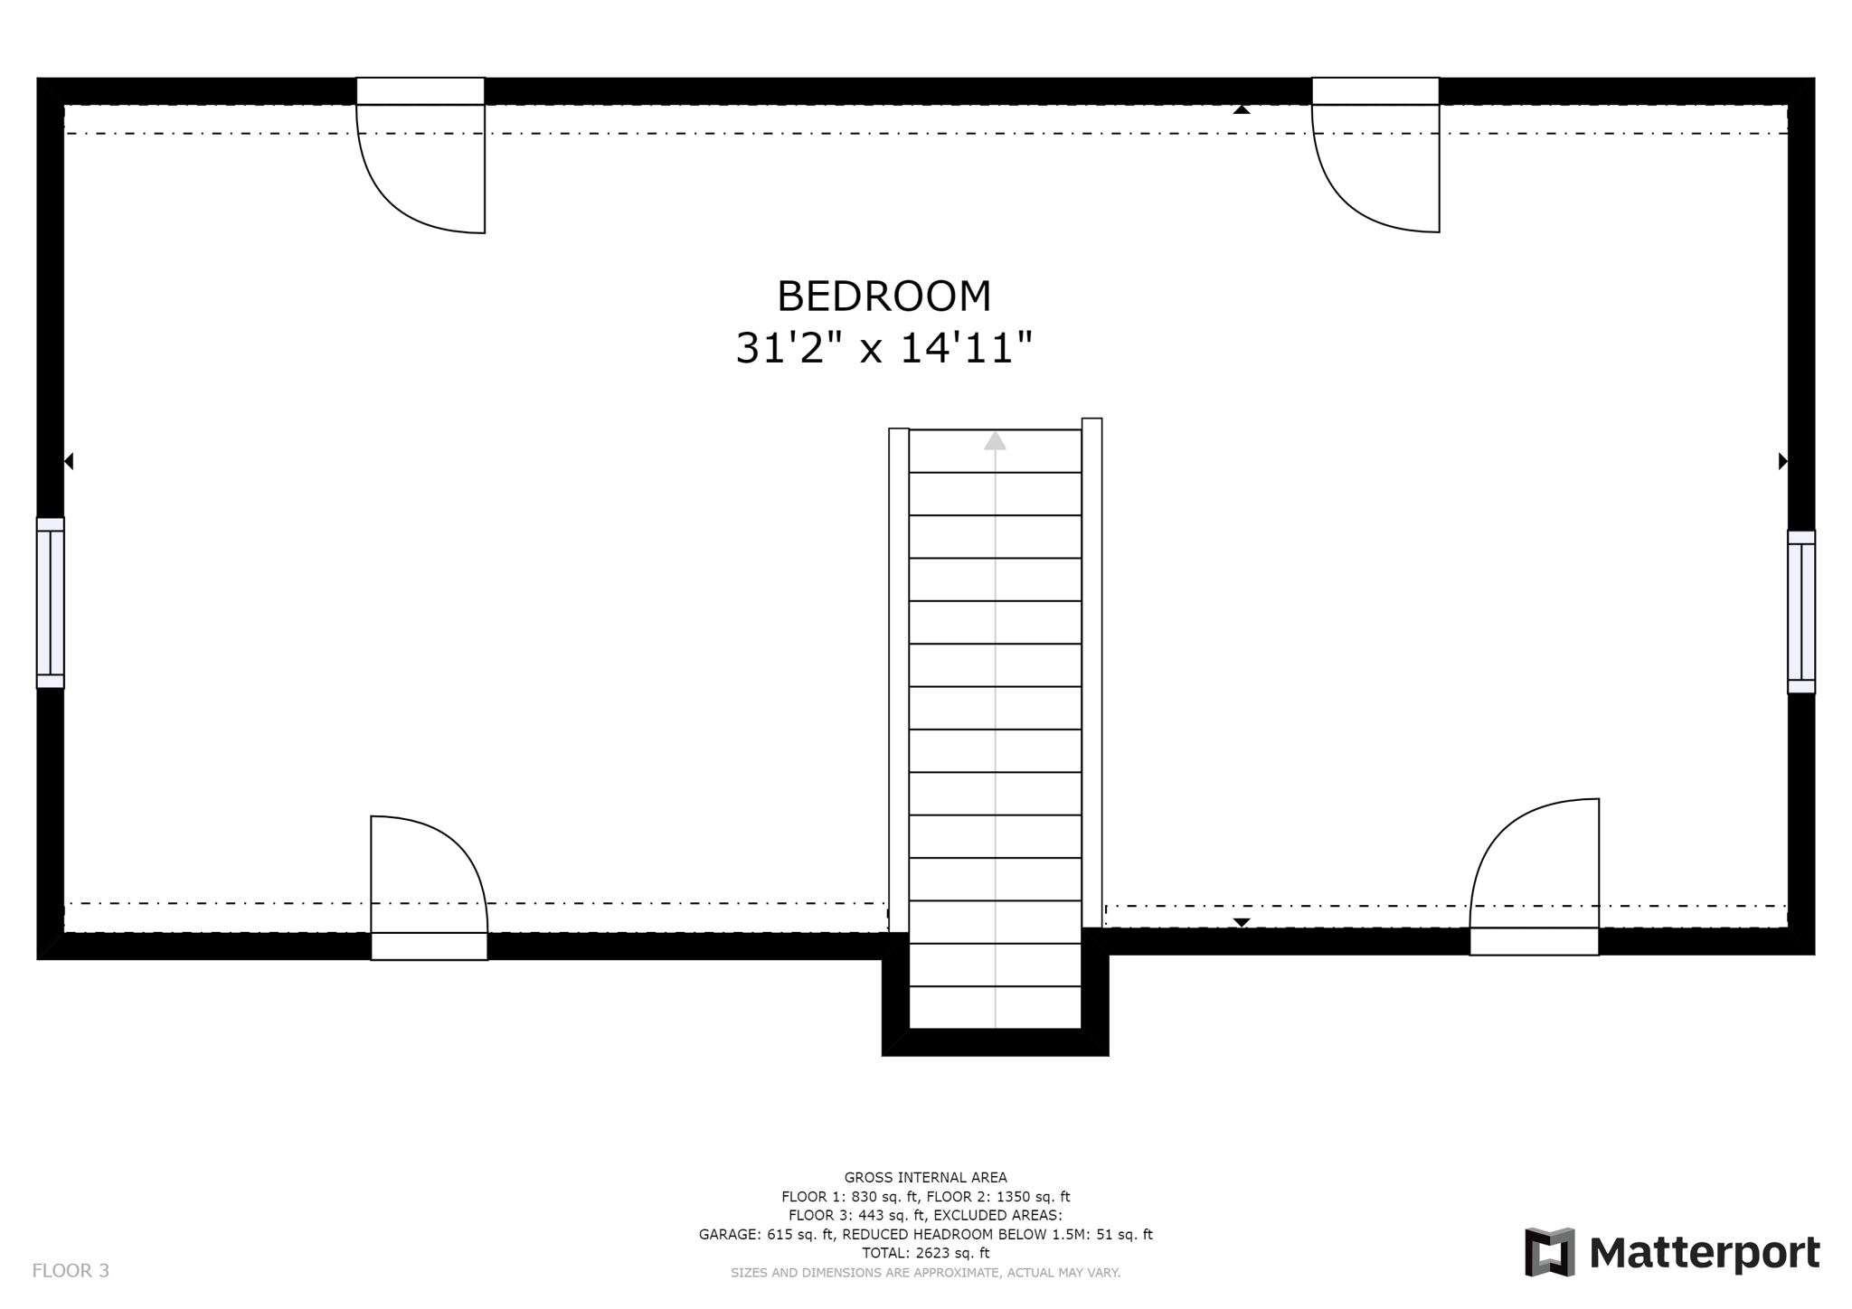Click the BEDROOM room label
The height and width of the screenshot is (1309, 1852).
pos(883,297)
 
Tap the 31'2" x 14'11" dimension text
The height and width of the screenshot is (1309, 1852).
pos(883,348)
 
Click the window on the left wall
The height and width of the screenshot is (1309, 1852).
pos(51,603)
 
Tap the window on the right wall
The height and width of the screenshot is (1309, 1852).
pos(1800,612)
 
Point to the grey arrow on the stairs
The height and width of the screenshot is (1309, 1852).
pos(995,441)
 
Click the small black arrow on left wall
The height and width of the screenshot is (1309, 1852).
pos(69,461)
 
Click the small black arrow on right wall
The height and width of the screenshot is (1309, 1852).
pos(1782,461)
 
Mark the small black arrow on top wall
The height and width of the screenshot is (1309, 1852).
pos(1242,110)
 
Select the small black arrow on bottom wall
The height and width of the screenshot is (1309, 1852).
pos(1242,922)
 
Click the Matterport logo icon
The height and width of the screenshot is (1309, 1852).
pos(1549,1252)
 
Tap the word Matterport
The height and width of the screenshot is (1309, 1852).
pos(1704,1254)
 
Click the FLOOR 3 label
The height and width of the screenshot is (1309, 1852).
pos(71,1270)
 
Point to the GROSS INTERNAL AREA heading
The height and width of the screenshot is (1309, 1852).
pos(925,1177)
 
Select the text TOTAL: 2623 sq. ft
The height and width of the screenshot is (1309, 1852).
pos(925,1253)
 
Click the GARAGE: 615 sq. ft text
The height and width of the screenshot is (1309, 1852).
pos(766,1234)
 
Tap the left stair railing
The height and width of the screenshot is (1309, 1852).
pos(898,678)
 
